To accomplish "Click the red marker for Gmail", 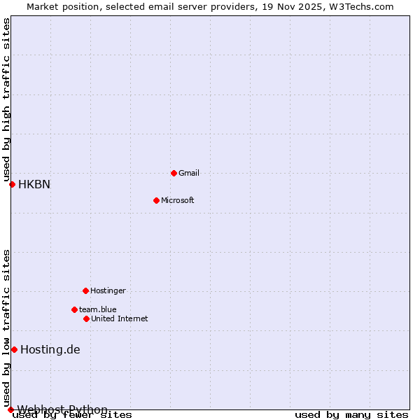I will pos(174,173).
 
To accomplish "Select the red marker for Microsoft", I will pos(156,200).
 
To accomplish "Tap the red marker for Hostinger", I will pos(85,290).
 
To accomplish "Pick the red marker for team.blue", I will pos(74,309).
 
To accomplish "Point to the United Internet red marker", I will pos(86,318).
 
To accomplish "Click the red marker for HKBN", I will pos(12,184).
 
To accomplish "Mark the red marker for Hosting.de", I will pos(14,349).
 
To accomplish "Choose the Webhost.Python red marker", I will pos(10,409).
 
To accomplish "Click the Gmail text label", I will pos(189,173).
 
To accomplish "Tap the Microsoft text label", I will pos(178,200).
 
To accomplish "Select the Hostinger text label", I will pos(108,290).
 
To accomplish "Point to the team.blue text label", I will pos(98,309).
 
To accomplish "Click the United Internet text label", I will pos(120,318).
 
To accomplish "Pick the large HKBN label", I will pos(34,185).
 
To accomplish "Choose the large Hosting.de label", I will pos(50,350).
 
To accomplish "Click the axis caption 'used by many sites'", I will pos(351,415).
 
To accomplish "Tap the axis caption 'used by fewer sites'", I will pos(73,415).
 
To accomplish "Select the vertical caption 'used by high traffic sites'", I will pos(6,99).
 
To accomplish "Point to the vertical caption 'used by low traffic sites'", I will pos(6,328).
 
